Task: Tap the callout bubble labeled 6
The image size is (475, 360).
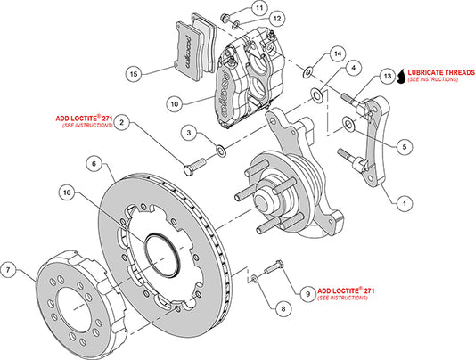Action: point(92,164)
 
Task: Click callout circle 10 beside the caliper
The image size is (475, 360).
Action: point(174,104)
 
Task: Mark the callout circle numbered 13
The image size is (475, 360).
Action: point(386,78)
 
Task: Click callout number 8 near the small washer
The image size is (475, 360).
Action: point(283,309)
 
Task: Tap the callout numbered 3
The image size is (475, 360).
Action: point(187,133)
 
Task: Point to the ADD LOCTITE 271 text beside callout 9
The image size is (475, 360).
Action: point(350,291)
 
